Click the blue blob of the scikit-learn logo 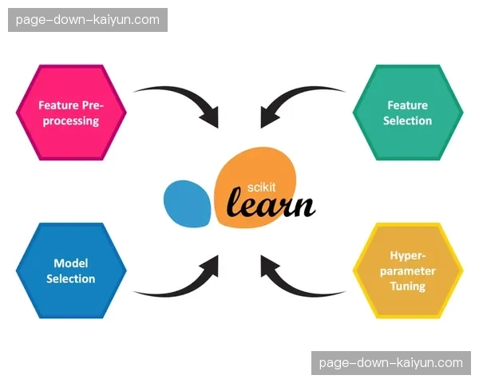(188, 202)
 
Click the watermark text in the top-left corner (88, 19)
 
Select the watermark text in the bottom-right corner (390, 363)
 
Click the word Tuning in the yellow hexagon (407, 286)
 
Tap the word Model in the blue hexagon (70, 263)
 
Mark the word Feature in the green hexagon (407, 105)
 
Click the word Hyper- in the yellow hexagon (407, 256)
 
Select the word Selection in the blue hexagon (70, 279)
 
